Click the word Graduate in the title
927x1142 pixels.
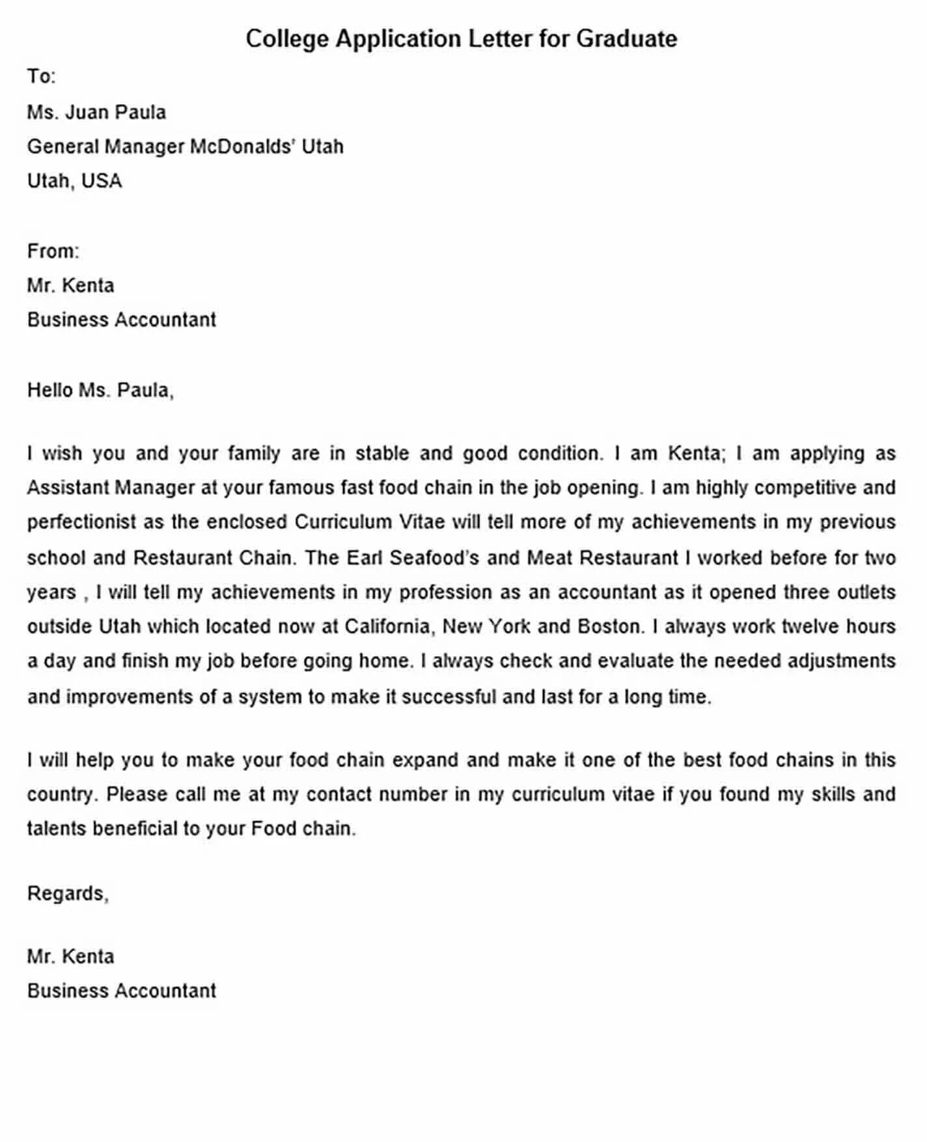coord(626,39)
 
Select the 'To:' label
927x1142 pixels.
coord(41,76)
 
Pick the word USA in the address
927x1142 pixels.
coord(102,180)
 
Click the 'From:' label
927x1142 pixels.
coord(53,251)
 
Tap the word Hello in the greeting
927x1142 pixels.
coord(50,390)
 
